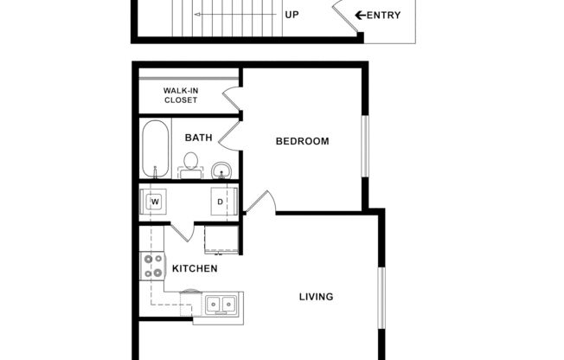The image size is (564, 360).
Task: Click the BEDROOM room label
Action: click(x=302, y=141)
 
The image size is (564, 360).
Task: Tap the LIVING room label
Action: click(x=316, y=297)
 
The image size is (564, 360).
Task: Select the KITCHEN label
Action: click(x=195, y=268)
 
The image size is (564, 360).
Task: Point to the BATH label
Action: click(x=198, y=137)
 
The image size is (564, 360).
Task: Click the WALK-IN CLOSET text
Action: click(x=180, y=95)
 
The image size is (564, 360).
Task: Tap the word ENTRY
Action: click(x=383, y=15)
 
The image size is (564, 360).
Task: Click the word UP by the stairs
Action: click(x=292, y=15)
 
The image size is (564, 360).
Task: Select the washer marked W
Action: click(x=156, y=202)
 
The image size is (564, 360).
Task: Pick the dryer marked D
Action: click(x=221, y=202)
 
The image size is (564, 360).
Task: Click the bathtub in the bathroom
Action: click(x=157, y=149)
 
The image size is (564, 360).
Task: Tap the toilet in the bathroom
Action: click(x=190, y=163)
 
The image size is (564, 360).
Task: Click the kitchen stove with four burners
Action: click(x=152, y=266)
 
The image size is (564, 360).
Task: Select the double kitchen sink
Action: click(x=221, y=305)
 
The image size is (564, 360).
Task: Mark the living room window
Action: click(x=380, y=297)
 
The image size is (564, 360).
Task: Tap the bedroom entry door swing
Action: click(x=261, y=202)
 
